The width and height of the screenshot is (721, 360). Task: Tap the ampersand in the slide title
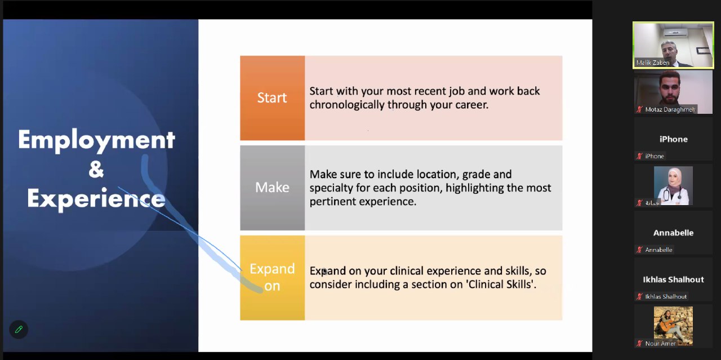(96, 169)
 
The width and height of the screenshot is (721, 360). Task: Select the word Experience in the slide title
(96, 199)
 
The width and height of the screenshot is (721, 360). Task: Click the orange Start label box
(272, 98)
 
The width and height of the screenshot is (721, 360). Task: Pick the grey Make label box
(272, 188)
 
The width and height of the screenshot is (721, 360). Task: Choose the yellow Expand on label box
(272, 278)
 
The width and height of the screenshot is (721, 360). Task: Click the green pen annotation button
(19, 330)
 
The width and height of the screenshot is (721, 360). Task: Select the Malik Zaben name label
(652, 63)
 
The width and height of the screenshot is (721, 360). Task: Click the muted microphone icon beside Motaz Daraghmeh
(639, 109)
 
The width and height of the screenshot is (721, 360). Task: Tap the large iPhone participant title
(673, 139)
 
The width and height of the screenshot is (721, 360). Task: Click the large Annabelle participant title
(673, 233)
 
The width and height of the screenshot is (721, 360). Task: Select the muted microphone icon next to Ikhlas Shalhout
(639, 296)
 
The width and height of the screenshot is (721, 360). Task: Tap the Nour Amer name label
(660, 344)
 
